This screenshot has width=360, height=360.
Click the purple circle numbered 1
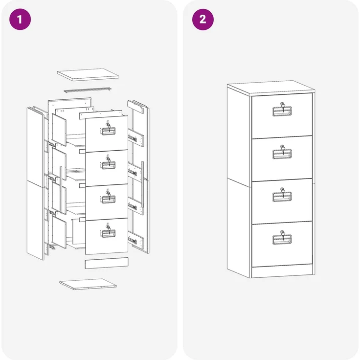pos(20,19)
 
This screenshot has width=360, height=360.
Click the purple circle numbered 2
pos(202,19)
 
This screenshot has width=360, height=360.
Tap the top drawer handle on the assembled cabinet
pos(282,112)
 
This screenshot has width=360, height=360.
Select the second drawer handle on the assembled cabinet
pos(282,154)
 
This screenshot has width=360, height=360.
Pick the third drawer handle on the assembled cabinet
pos(282,197)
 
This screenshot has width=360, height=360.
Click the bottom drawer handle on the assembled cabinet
pos(282,240)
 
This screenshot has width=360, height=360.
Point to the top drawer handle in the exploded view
pos(108,131)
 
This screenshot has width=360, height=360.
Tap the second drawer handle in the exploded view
pos(108,165)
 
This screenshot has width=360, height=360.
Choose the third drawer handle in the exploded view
pos(108,199)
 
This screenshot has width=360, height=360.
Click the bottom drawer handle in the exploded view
pos(108,233)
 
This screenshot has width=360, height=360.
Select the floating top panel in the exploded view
pos(88,75)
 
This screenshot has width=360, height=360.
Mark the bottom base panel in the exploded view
pos(88,284)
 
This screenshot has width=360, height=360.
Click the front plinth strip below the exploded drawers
pos(107,263)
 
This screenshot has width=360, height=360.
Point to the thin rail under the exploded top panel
pos(88,90)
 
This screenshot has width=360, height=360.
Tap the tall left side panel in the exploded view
pos(35,184)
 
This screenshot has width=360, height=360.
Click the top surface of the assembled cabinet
pos(271,88)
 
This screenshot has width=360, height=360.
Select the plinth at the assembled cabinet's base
pos(282,272)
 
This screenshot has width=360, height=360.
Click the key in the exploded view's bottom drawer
pos(109,229)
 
